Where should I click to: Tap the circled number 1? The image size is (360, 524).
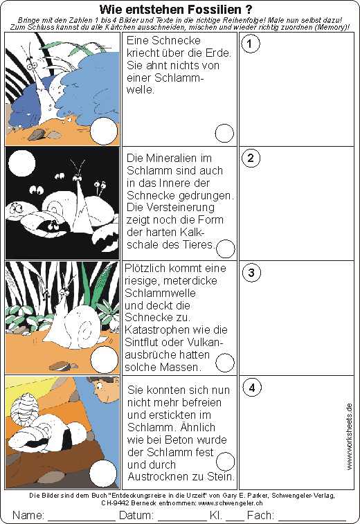pos(251,44)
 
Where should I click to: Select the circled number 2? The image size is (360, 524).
pos(251,158)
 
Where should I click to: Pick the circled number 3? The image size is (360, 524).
pos(251,273)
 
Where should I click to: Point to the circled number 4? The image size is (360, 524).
pos(252,388)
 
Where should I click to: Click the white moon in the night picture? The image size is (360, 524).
pos(22,163)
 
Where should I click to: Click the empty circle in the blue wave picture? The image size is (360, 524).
pos(105,132)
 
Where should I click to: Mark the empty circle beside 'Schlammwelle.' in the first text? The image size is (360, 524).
pos(224,134)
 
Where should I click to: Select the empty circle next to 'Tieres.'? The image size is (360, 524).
pos(226,249)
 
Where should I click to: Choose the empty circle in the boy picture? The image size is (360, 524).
pos(103,473)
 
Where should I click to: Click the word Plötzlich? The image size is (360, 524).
pos(146,269)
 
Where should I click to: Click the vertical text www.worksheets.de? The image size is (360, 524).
pos(350,437)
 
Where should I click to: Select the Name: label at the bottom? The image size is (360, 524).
pos(28,515)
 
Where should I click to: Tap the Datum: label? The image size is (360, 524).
pos(136,515)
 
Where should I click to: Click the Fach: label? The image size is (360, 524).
pos(260,515)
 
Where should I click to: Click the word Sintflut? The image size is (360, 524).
pos(143,342)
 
